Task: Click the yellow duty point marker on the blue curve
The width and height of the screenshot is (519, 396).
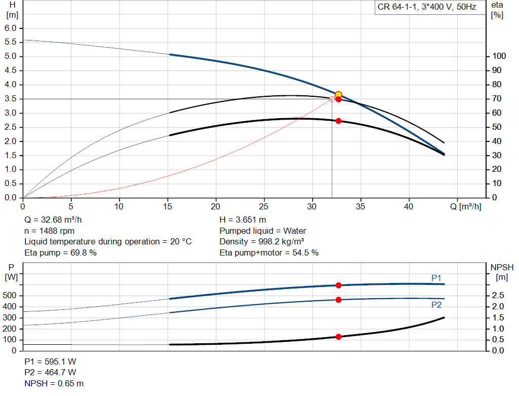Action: pyautogui.click(x=338, y=95)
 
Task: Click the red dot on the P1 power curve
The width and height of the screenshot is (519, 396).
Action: pyautogui.click(x=338, y=285)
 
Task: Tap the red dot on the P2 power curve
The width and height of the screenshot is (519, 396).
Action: pyautogui.click(x=338, y=300)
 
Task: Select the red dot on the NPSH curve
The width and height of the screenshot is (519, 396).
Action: pyautogui.click(x=338, y=337)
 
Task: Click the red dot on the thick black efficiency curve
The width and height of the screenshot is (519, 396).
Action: pyautogui.click(x=338, y=121)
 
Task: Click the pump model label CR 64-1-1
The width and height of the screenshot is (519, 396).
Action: pyautogui.click(x=397, y=7)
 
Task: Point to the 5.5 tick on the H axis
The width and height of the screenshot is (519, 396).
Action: pyautogui.click(x=11, y=42)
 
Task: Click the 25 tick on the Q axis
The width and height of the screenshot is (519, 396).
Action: pyautogui.click(x=264, y=206)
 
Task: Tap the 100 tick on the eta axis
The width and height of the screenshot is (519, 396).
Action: pyautogui.click(x=499, y=56)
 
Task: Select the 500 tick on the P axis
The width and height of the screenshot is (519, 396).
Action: pyautogui.click(x=9, y=295)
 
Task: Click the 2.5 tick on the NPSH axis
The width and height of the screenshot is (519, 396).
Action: pyautogui.click(x=498, y=295)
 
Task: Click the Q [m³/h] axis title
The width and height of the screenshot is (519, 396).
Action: pyautogui.click(x=465, y=206)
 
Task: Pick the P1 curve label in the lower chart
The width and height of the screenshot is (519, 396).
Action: pyautogui.click(x=436, y=278)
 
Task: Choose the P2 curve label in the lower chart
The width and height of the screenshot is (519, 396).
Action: pyautogui.click(x=436, y=305)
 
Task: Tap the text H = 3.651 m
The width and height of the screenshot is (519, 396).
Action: pyautogui.click(x=243, y=220)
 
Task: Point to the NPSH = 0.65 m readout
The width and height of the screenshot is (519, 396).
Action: pyautogui.click(x=54, y=383)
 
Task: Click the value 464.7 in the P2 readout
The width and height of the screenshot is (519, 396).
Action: pyautogui.click(x=55, y=373)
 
